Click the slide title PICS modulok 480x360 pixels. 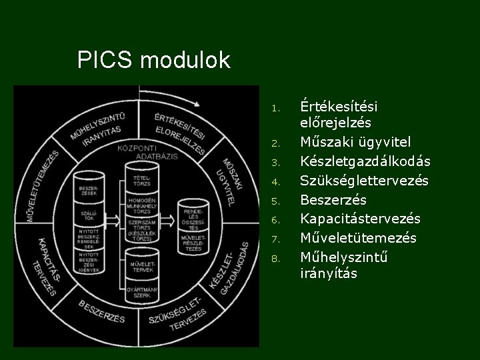click(153, 61)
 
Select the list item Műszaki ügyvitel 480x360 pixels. click(355, 143)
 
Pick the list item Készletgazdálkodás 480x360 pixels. click(365, 162)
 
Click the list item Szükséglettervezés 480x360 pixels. click(364, 181)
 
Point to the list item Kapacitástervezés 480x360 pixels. click(360, 219)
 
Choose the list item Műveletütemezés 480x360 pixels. click(358, 238)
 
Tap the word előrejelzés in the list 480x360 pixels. click(335, 123)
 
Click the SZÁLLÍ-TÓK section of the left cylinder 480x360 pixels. click(88, 216)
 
